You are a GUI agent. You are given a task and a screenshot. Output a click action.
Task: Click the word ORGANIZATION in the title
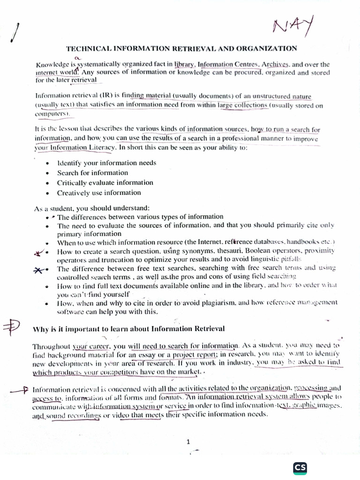click(x=268, y=48)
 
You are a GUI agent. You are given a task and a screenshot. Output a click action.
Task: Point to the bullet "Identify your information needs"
click(x=106, y=163)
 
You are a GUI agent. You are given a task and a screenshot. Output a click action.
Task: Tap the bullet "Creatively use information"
click(x=98, y=193)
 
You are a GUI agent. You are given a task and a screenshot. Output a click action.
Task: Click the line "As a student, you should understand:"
click(x=92, y=208)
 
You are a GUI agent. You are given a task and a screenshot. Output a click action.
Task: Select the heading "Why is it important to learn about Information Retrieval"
click(x=128, y=329)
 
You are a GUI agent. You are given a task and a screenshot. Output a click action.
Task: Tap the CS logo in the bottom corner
click(x=300, y=467)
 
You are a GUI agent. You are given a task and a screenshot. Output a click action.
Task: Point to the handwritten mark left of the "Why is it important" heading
click(x=12, y=328)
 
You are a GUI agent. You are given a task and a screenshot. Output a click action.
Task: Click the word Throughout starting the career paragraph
click(x=52, y=347)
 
